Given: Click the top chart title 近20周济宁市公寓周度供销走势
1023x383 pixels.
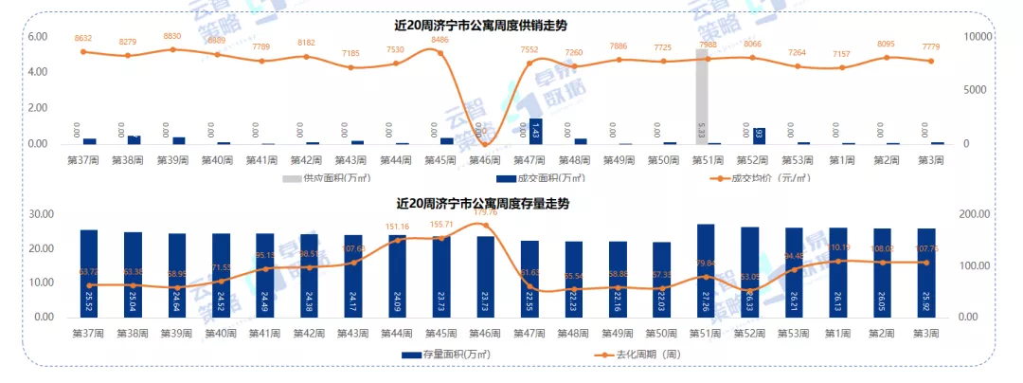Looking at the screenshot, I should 501,24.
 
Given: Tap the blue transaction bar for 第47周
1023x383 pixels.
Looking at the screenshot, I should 536,132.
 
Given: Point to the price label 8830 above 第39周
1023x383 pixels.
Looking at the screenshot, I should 171,36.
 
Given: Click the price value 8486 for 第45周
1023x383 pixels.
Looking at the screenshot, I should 440,40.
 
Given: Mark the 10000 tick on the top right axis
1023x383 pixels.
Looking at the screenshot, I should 977,36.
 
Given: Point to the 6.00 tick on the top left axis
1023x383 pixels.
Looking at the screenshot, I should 37,36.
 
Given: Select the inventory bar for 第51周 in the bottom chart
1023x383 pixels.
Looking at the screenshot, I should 706,270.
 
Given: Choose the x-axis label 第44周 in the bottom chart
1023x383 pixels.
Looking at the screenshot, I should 397,334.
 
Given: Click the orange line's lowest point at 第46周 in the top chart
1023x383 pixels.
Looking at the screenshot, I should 486,143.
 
